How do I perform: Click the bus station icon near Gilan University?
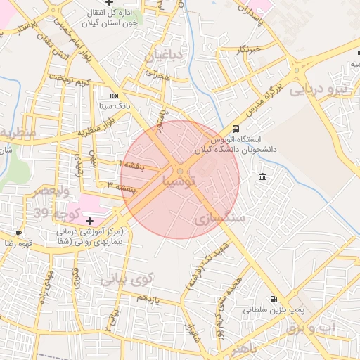tap(235, 129)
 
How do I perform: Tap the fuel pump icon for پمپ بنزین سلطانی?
tap(274, 298)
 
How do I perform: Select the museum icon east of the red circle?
tap(262, 175)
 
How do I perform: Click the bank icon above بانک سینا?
tap(115, 96)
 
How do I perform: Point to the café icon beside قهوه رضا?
tap(18, 233)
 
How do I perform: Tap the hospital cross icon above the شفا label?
tap(89, 221)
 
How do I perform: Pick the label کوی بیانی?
tap(126, 278)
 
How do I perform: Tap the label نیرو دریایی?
tap(320, 90)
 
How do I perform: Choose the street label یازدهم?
tap(149, 299)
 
